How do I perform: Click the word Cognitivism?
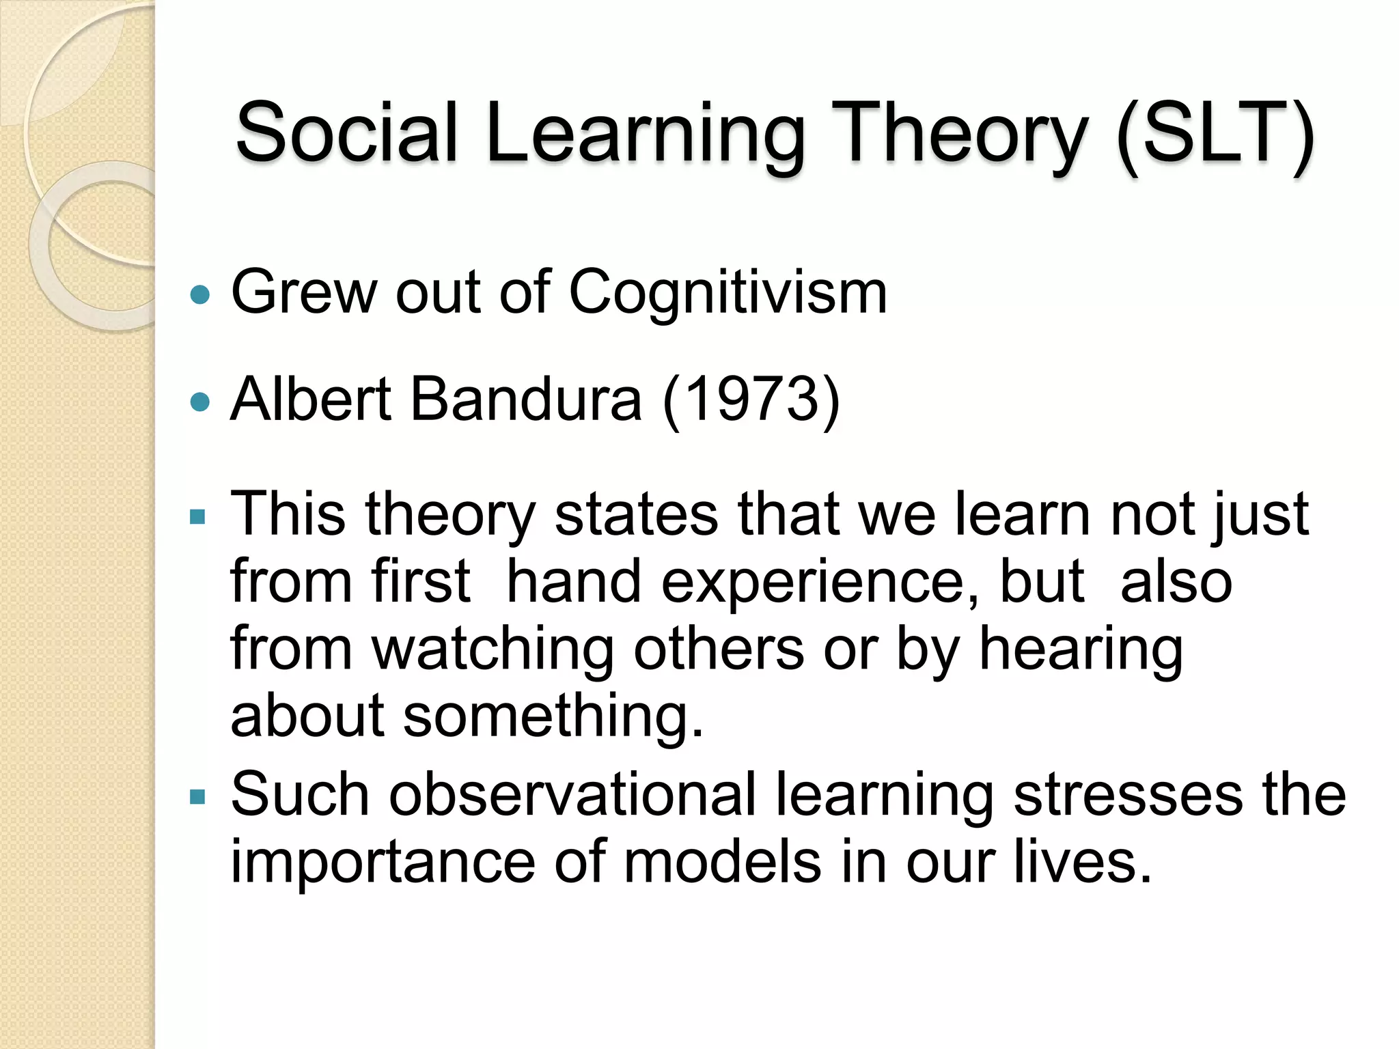tap(728, 292)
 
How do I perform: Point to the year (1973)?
tap(751, 400)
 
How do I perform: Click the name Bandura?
tap(525, 400)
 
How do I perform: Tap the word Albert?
tap(311, 400)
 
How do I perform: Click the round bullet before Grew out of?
tap(199, 295)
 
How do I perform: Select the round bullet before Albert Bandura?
tap(199, 402)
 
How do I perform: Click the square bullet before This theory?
tap(197, 516)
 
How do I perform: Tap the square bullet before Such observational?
tap(197, 797)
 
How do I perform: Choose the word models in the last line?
tap(722, 863)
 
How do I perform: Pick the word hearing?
tap(1081, 650)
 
